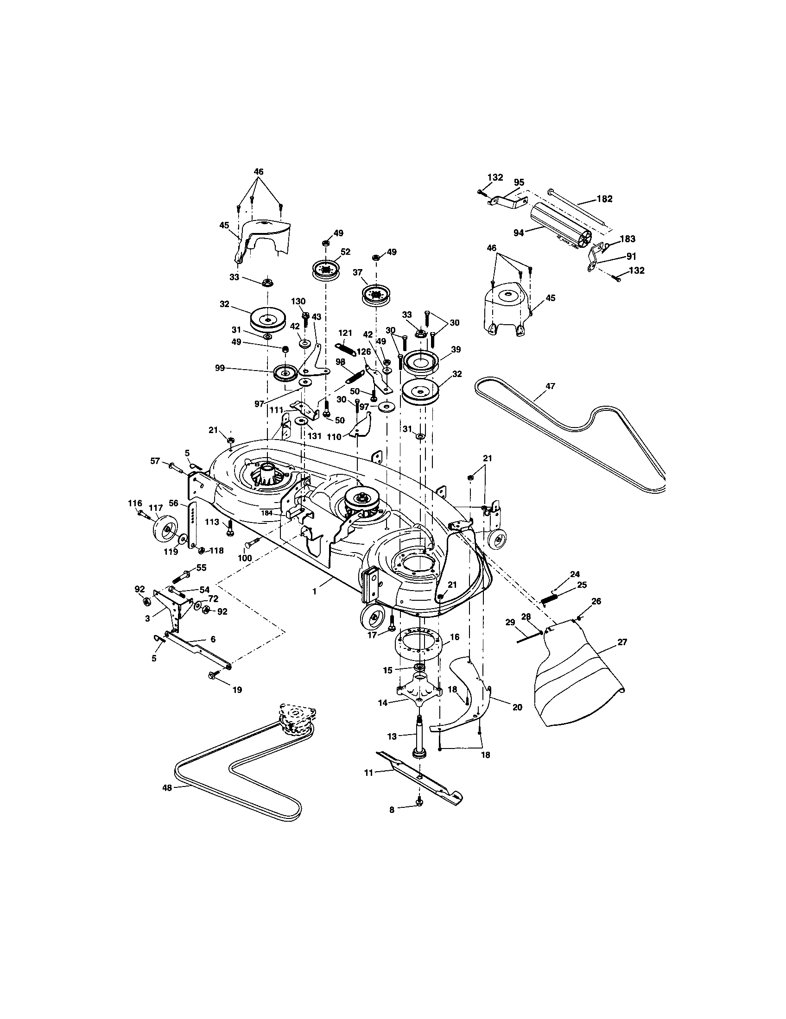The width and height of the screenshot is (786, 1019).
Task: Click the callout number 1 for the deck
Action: point(314,591)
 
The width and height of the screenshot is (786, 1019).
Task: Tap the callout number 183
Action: point(628,239)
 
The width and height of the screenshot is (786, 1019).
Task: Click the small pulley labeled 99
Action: point(285,373)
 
